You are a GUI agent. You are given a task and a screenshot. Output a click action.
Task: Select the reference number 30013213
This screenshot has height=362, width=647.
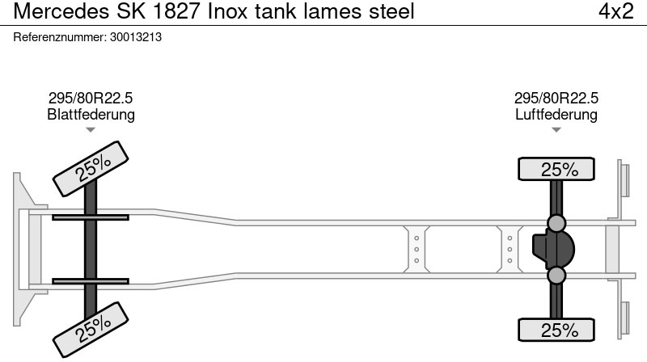[x=135, y=37]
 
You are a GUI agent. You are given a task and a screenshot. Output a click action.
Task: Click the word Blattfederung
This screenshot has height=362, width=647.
[x=91, y=114]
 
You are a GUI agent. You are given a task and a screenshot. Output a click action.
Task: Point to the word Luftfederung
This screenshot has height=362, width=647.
[x=556, y=114]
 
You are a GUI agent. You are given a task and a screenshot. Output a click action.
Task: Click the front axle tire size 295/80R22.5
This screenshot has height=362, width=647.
[x=91, y=98]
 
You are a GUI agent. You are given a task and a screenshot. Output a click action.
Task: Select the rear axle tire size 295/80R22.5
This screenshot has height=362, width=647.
[x=556, y=98]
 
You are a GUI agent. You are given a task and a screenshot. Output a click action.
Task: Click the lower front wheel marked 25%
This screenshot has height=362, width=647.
[x=91, y=327]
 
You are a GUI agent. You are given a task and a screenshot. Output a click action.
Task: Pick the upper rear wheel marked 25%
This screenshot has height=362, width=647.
[x=556, y=170]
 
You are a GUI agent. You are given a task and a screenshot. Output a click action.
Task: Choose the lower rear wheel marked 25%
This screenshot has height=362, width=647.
[x=556, y=330]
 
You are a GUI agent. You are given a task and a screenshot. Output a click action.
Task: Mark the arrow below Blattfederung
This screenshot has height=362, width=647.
[x=91, y=129]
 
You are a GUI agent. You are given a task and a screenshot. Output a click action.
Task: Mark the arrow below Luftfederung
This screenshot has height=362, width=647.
[x=556, y=129]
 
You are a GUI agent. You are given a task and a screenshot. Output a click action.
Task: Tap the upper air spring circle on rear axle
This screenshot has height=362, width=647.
[x=556, y=223]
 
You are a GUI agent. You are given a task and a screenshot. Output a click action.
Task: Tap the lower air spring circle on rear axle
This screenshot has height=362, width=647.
[x=556, y=276]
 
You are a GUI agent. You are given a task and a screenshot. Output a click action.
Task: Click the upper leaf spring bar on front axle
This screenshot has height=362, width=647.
[x=91, y=217]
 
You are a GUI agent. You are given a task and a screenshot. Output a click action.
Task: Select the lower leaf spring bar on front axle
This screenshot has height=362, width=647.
[x=91, y=281]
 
